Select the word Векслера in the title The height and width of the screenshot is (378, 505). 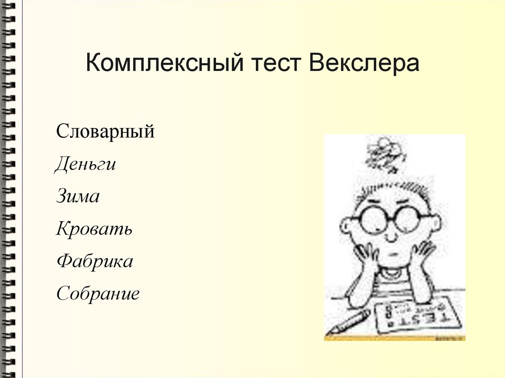(x=364, y=65)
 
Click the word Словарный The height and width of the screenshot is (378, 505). (x=106, y=132)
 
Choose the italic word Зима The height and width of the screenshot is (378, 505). (x=78, y=197)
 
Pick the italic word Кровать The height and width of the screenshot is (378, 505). (x=94, y=229)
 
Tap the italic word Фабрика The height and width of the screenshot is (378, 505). (x=95, y=262)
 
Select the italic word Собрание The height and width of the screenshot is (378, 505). (x=98, y=294)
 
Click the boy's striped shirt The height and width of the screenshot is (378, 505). (x=395, y=283)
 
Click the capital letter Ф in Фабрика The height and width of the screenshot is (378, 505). (x=62, y=262)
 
